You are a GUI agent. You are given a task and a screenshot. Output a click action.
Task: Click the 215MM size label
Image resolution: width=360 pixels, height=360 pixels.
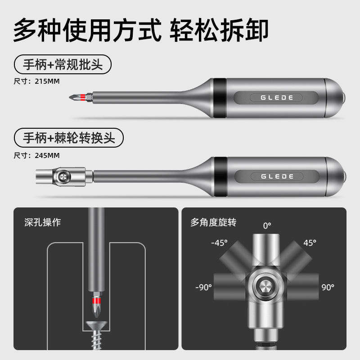tap(47, 81)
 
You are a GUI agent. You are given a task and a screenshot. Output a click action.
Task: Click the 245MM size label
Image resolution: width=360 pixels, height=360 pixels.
tap(47, 155)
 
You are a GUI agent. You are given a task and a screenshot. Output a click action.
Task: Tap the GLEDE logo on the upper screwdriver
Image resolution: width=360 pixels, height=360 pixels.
tap(277, 98)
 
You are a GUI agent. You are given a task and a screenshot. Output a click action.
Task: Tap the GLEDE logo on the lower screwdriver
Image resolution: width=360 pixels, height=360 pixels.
tap(277, 176)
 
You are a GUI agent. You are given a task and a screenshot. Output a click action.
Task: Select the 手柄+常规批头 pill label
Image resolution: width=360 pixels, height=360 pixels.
tap(63, 64)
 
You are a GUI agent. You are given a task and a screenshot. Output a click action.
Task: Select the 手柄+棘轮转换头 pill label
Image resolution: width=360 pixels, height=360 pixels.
tap(69, 138)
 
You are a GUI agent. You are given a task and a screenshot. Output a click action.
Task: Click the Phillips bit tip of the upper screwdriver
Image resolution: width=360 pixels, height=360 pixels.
tap(73, 97)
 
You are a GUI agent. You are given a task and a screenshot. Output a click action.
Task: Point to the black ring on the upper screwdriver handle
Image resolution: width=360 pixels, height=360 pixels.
tap(220, 98)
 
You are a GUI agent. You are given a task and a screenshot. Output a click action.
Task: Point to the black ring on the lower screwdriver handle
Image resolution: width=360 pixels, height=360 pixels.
tap(220, 177)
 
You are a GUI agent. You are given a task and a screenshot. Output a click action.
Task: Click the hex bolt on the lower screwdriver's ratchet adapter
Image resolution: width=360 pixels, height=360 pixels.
tap(63, 176)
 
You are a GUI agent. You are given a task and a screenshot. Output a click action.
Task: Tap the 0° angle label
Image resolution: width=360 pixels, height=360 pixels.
tap(267, 226)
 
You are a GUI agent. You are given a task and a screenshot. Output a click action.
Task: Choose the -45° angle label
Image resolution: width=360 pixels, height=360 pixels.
tap(219, 243)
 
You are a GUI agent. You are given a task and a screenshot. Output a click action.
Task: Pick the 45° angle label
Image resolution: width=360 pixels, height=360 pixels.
tap(310, 243)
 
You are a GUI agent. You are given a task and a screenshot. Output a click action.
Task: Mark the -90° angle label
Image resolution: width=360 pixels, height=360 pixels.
tap(203, 287)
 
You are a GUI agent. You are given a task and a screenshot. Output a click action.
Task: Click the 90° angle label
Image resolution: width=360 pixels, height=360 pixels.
tap(328, 287)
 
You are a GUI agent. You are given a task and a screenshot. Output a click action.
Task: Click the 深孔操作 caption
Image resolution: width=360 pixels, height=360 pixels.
tap(43, 222)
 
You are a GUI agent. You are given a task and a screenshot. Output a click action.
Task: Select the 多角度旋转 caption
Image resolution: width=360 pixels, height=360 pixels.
tap(213, 222)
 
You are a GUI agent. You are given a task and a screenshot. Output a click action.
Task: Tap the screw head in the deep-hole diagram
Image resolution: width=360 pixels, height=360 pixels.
tap(96, 325)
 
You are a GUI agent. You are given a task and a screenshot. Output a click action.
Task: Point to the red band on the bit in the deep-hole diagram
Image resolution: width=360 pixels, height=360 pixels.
tap(96, 301)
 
